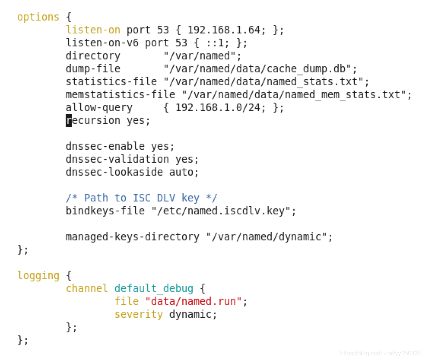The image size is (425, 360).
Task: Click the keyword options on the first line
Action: point(38,17)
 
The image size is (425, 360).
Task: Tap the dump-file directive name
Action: point(93,69)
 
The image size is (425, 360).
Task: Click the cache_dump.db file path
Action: point(261,69)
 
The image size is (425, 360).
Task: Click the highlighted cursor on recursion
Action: point(69,121)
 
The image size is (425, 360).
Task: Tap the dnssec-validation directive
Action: point(117,159)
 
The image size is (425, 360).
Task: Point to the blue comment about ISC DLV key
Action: point(142,198)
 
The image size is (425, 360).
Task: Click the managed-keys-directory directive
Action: point(132,237)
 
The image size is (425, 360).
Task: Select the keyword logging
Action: point(38,275)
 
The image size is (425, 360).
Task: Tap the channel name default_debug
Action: point(154,289)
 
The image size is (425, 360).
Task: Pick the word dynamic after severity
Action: point(193,314)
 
